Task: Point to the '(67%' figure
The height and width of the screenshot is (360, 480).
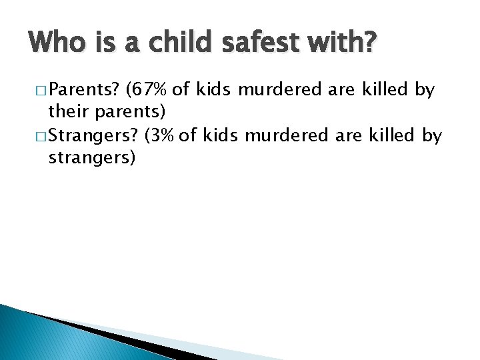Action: (151, 89)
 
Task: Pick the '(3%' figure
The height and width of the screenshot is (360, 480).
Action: (160, 136)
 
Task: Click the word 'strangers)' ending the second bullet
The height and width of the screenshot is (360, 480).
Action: (92, 159)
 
